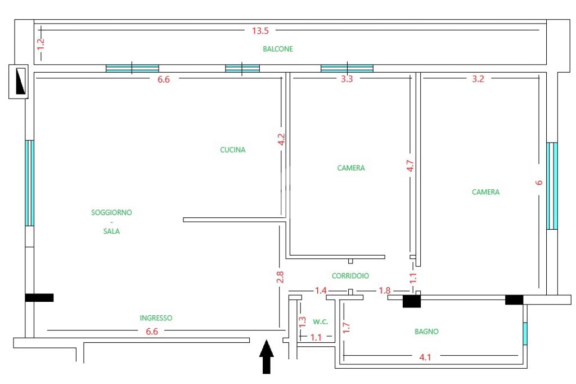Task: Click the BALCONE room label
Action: [278, 49]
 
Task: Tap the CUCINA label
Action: [232, 150]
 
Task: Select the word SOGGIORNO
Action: [111, 212]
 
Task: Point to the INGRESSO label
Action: [156, 318]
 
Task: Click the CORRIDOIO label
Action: [350, 276]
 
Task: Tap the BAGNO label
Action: [427, 332]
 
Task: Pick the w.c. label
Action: [321, 322]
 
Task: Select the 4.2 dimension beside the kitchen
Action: [282, 140]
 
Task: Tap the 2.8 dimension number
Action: [280, 278]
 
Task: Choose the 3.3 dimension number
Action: [347, 79]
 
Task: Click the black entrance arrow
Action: [267, 356]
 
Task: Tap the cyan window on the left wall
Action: [29, 183]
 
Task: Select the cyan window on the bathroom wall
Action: [525, 333]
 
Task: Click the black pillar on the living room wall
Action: [39, 297]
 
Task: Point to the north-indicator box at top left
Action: [19, 81]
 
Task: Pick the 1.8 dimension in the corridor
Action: [385, 291]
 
